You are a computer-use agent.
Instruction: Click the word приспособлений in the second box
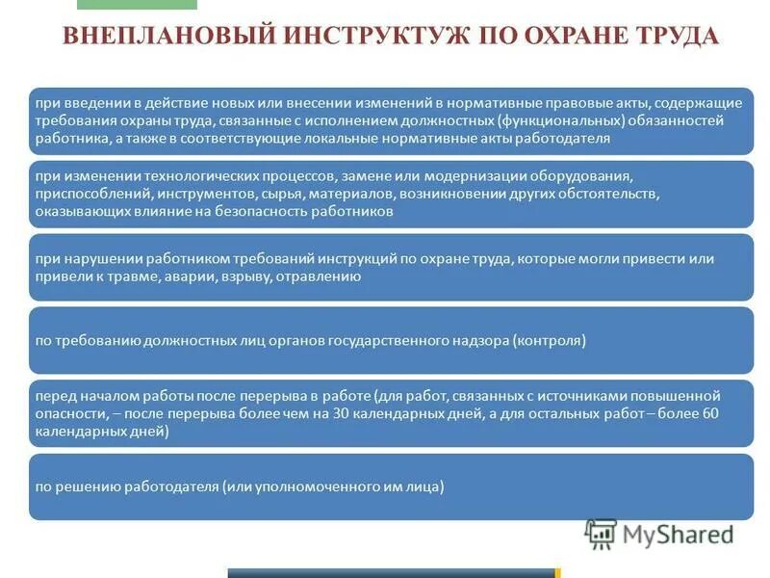coord(84,195)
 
